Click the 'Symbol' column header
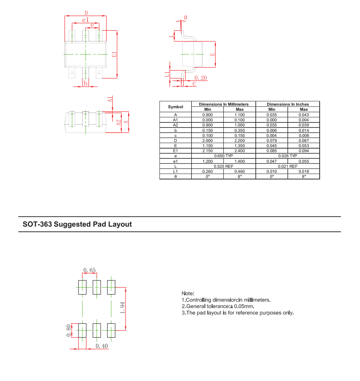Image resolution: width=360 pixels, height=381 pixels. click(x=175, y=107)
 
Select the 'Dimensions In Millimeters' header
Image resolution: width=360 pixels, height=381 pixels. click(x=224, y=104)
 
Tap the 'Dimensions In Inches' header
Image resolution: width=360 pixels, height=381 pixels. click(x=288, y=104)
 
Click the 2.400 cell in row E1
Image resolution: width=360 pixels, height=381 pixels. click(x=240, y=151)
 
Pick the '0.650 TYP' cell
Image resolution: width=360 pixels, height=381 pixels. click(x=224, y=156)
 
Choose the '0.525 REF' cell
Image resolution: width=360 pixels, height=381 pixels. click(x=224, y=166)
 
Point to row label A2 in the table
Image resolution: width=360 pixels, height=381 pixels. click(x=175, y=125)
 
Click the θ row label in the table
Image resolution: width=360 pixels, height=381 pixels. click(x=175, y=177)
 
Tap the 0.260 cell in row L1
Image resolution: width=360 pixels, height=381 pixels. click(x=207, y=171)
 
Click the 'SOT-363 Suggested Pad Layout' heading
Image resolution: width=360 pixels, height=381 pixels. click(x=77, y=224)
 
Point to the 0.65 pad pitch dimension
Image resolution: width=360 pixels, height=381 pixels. click(x=89, y=270)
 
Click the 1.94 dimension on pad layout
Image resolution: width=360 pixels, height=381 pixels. click(x=123, y=308)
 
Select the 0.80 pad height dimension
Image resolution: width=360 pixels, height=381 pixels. click(x=69, y=330)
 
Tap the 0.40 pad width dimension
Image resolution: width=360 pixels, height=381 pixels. click(x=102, y=346)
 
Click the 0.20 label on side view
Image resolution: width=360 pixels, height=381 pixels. click(x=201, y=78)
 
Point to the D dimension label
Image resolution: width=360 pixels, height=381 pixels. click(x=86, y=13)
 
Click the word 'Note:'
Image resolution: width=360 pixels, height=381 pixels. click(x=188, y=293)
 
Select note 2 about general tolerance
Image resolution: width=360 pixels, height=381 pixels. click(x=218, y=306)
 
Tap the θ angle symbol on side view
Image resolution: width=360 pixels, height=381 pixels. click(x=185, y=17)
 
